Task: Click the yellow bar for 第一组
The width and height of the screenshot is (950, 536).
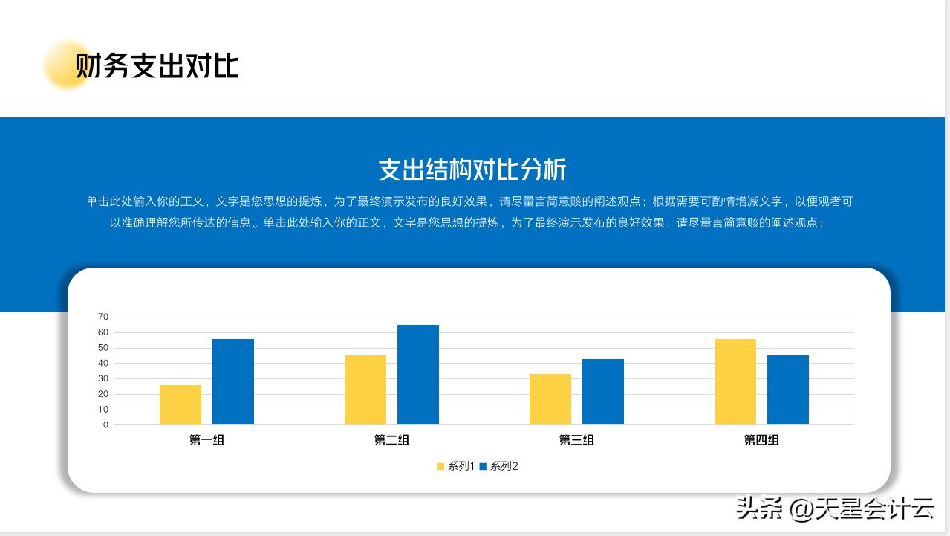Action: pos(180,405)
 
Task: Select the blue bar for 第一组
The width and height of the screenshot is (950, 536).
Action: pos(233,382)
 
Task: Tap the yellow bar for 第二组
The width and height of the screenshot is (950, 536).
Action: pos(365,390)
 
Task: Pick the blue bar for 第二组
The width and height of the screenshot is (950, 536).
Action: pos(418,375)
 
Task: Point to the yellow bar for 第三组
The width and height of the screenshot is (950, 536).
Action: pos(550,399)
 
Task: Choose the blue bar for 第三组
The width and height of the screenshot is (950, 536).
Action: pos(603,392)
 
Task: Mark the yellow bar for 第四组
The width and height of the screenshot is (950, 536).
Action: pos(735,382)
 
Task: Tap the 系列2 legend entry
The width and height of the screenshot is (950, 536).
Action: pos(499,466)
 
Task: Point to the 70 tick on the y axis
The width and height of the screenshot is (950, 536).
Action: pos(103,317)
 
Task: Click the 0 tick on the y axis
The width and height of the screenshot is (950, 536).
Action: pos(105,425)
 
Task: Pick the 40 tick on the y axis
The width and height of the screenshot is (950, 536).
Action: pos(103,364)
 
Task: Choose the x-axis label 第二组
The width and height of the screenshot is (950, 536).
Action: pos(391,440)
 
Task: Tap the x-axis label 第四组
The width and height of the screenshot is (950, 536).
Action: pos(761,440)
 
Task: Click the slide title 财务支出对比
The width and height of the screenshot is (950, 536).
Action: pos(157,66)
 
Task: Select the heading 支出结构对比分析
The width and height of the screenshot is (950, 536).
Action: pos(472,169)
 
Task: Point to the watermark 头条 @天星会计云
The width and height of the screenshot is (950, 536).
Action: pos(835,509)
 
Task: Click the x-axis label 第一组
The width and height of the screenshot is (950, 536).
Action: pos(206,440)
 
